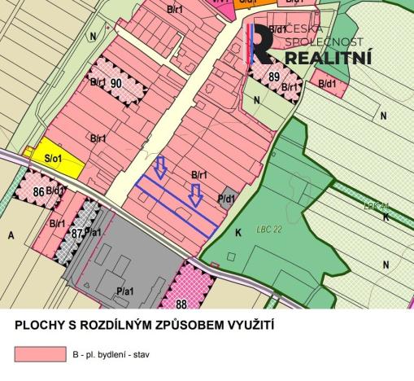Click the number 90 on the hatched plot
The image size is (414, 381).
(x=116, y=83)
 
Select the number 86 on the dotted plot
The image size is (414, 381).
(x=37, y=191)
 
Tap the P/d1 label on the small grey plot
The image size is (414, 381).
(x=226, y=198)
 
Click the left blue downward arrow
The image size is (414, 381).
(x=160, y=168)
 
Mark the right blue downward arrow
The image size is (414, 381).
(x=195, y=195)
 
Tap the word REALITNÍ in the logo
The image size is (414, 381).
(x=329, y=58)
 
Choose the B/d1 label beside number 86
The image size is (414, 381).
(x=56, y=191)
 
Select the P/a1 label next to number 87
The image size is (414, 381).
(x=94, y=233)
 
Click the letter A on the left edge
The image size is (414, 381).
(x=11, y=234)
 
